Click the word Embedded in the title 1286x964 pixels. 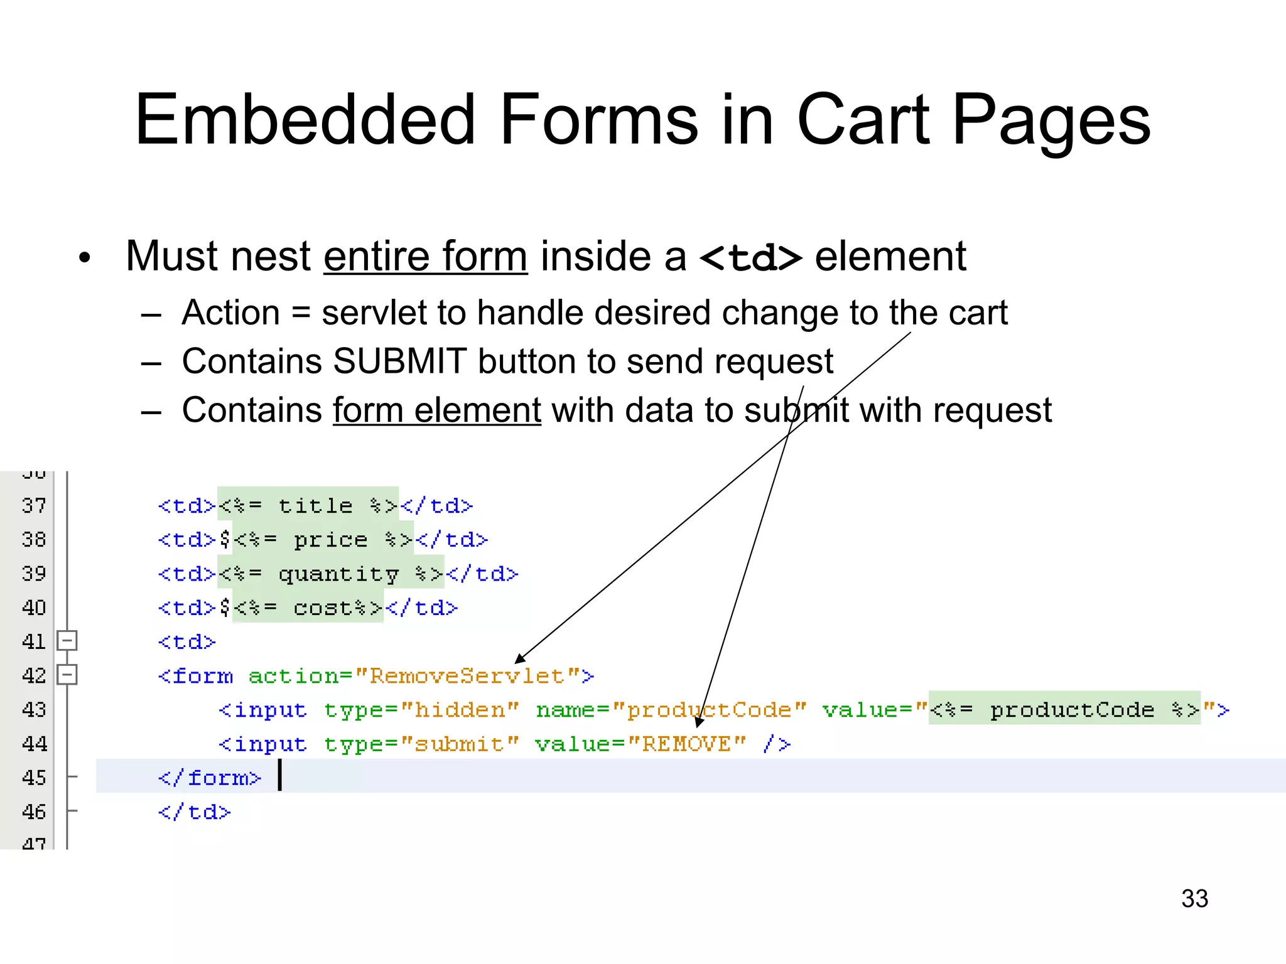[x=305, y=119]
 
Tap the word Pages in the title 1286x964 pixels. [x=1051, y=119]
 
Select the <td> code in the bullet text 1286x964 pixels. [x=750, y=257]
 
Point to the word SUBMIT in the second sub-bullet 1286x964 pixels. [x=399, y=361]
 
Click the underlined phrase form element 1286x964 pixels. [x=436, y=410]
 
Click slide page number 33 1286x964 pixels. [x=1194, y=898]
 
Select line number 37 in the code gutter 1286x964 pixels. [x=34, y=505]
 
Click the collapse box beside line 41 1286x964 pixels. [x=67, y=641]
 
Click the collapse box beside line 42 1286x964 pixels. [x=67, y=675]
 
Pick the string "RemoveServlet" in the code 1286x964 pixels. [x=467, y=676]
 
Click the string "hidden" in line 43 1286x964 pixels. [x=460, y=710]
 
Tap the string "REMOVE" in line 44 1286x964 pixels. [x=686, y=744]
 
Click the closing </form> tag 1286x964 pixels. [x=209, y=778]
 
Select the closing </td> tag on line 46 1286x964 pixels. [x=194, y=812]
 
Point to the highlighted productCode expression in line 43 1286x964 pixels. [x=1064, y=709]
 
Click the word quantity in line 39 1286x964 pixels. [x=338, y=574]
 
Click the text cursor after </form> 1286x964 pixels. [x=280, y=775]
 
